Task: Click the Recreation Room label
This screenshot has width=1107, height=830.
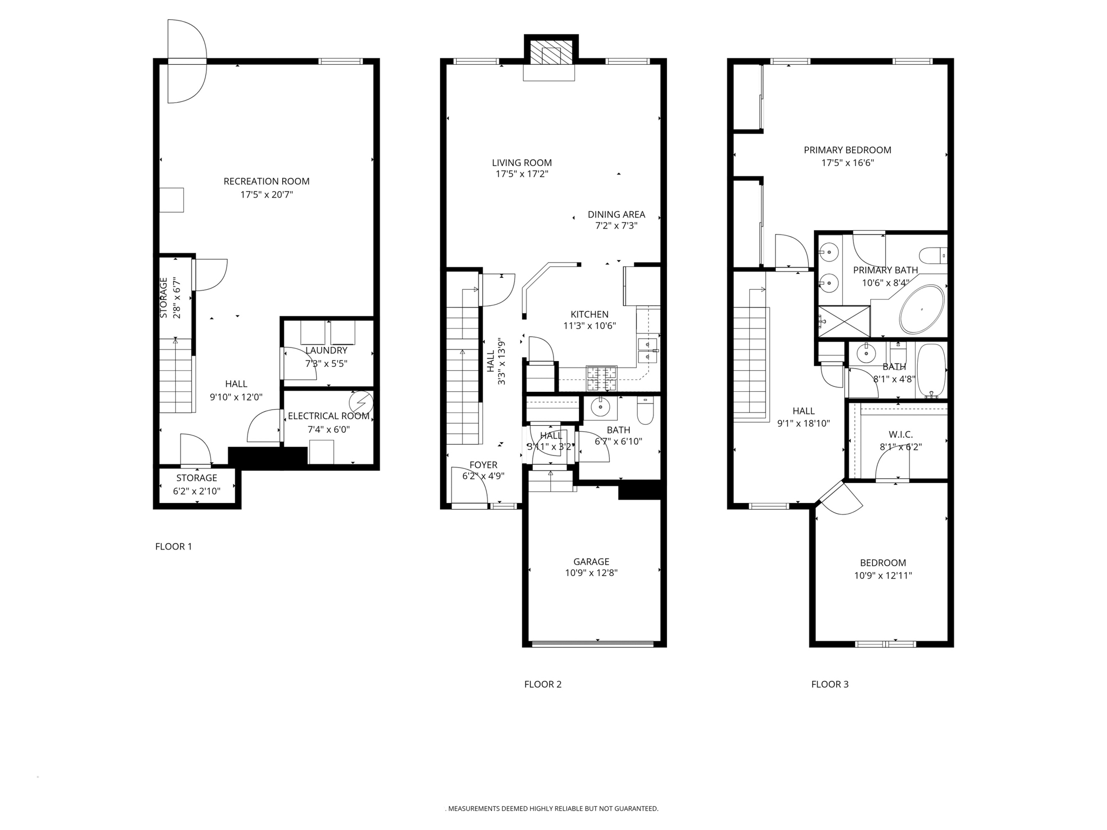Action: [x=266, y=182]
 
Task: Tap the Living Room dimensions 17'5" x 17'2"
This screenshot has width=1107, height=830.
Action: [x=522, y=174]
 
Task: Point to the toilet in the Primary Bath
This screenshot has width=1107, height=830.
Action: [x=933, y=255]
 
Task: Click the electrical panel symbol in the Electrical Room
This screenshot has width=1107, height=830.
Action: [x=361, y=403]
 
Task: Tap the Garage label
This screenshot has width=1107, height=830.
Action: [x=591, y=561]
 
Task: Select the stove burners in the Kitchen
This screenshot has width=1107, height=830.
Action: [x=602, y=378]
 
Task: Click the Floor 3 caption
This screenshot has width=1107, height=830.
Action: [x=830, y=684]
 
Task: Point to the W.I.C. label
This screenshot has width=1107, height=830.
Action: [x=901, y=434]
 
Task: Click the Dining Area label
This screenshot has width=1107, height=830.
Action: [x=616, y=215]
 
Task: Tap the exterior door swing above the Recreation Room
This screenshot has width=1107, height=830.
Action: [x=187, y=61]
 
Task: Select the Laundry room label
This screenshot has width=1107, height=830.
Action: [x=326, y=351]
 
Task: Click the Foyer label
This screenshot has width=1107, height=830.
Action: [x=483, y=465]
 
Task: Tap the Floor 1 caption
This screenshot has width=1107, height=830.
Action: [x=174, y=546]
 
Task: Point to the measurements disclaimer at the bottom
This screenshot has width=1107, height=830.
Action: [x=552, y=809]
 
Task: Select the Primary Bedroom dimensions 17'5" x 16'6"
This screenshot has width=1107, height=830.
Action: [x=847, y=163]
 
